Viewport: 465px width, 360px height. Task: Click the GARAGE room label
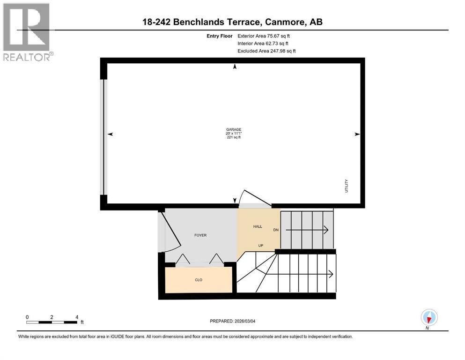233,129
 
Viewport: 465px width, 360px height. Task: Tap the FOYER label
200,235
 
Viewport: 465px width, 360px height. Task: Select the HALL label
258,226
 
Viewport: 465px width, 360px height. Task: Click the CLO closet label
199,280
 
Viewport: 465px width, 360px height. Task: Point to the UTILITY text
347,186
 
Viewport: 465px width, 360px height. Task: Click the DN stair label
276,230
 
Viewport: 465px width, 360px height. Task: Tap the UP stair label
260,245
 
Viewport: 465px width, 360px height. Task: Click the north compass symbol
429,317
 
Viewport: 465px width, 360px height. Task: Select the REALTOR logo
27,32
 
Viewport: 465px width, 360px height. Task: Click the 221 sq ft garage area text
233,137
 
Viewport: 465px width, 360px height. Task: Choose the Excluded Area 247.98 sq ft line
266,51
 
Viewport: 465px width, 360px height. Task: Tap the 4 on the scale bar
76,317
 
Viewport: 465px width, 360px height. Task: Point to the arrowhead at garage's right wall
357,135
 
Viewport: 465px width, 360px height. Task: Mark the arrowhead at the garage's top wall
235,67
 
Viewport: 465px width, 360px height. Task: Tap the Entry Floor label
220,36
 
